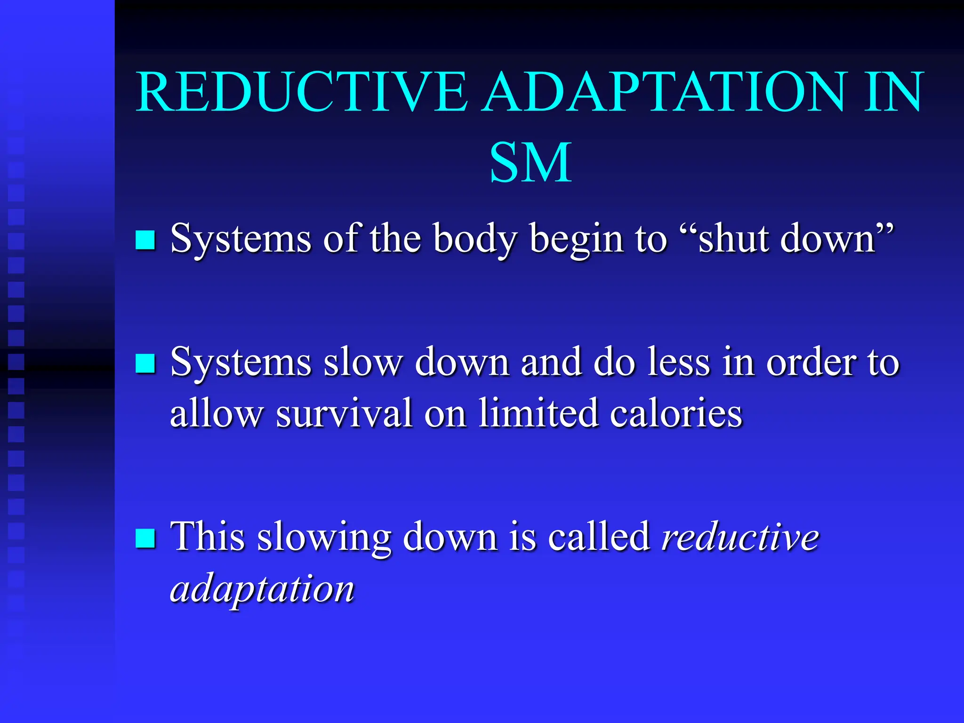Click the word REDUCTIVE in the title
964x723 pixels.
click(301, 92)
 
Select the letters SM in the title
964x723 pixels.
click(530, 163)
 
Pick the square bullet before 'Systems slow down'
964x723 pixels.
click(145, 363)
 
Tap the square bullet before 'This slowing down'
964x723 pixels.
click(145, 538)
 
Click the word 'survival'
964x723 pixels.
click(343, 413)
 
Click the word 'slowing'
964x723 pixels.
click(324, 538)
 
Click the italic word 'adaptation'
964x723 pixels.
click(262, 589)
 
